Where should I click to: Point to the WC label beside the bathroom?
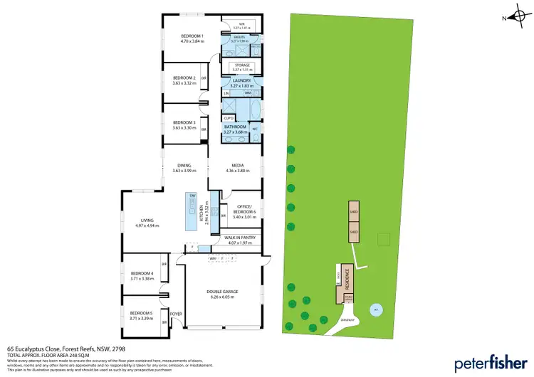pyautogui.click(x=254, y=129)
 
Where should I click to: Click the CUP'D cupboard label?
pyautogui.click(x=229, y=118)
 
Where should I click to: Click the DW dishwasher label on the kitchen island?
pyautogui.click(x=192, y=196)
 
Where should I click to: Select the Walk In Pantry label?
pyautogui.click(x=239, y=238)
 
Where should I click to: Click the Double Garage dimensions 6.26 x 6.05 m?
pyautogui.click(x=224, y=298)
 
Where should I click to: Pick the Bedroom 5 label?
pyautogui.click(x=141, y=313)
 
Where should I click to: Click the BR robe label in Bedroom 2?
pyautogui.click(x=204, y=78)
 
